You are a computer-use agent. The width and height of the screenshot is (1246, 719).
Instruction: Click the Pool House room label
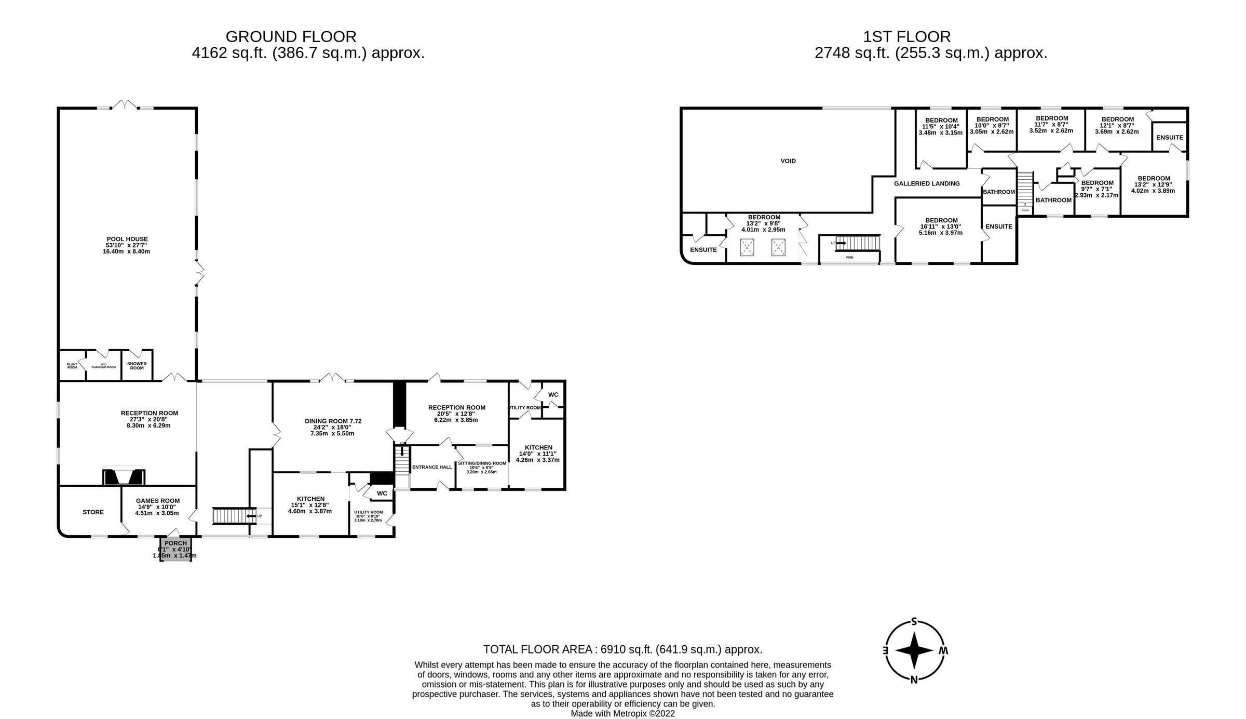pyautogui.click(x=127, y=239)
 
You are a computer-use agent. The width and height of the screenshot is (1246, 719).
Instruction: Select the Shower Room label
pyautogui.click(x=137, y=366)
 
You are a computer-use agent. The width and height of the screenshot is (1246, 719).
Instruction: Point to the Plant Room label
pyautogui.click(x=72, y=366)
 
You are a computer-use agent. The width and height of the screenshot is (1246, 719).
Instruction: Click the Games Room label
pyautogui.click(x=158, y=501)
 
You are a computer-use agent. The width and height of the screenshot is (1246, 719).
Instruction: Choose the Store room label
pyautogui.click(x=93, y=512)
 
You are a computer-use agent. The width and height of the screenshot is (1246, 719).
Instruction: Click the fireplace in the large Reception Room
pyautogui.click(x=124, y=476)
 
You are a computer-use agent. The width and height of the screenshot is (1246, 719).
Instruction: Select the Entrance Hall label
pyautogui.click(x=432, y=467)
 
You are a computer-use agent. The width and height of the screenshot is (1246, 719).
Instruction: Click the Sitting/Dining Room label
pyautogui.click(x=482, y=463)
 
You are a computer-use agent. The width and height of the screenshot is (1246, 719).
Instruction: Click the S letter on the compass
pyautogui.click(x=914, y=622)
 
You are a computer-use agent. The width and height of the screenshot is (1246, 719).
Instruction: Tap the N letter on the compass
pyautogui.click(x=914, y=679)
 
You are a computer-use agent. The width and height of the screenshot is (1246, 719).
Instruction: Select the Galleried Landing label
pyautogui.click(x=927, y=183)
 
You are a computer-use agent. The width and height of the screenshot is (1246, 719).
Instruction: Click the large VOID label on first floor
pyautogui.click(x=788, y=161)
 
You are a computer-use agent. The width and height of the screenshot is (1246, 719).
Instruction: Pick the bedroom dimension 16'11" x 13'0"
pyautogui.click(x=941, y=227)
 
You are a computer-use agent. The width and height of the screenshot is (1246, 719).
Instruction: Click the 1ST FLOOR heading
pyautogui.click(x=906, y=37)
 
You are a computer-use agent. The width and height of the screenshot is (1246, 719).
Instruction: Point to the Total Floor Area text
pyautogui.click(x=622, y=649)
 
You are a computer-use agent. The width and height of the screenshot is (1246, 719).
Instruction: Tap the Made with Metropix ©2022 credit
pyautogui.click(x=622, y=714)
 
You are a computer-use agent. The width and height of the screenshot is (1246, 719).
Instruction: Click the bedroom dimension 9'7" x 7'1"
pyautogui.click(x=1097, y=189)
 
